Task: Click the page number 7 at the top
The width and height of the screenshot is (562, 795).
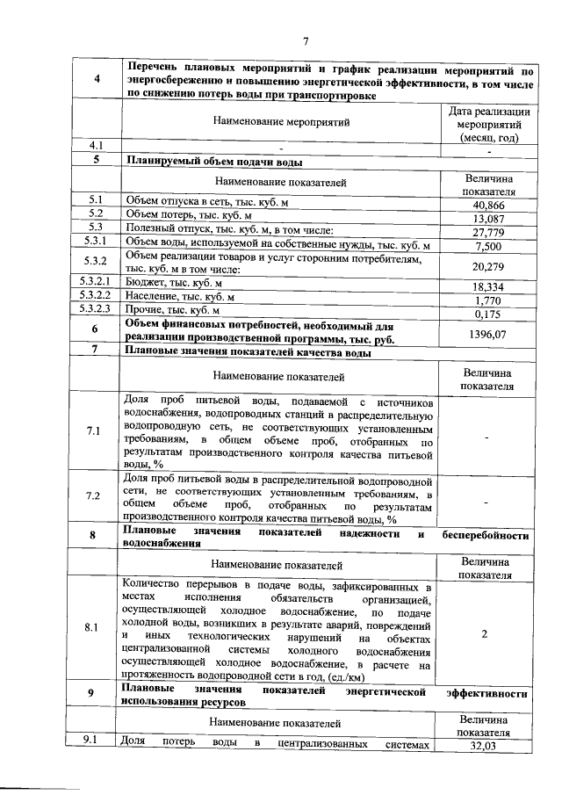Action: click(x=306, y=40)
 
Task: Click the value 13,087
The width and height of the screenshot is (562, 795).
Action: click(x=486, y=219)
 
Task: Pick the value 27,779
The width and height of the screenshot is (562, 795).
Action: click(x=486, y=233)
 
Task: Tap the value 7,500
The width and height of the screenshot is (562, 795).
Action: click(x=486, y=246)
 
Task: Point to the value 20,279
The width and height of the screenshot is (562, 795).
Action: click(x=486, y=266)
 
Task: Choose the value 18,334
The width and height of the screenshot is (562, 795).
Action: click(x=486, y=287)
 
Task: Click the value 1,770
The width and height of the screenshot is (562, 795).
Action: click(x=486, y=300)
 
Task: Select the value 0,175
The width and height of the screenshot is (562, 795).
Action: click(x=486, y=314)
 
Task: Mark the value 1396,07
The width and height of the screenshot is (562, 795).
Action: click(x=486, y=335)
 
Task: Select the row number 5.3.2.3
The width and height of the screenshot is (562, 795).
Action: click(x=94, y=309)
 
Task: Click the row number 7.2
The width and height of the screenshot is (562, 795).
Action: click(x=94, y=496)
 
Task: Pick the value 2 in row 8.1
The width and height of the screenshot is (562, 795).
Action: click(x=484, y=633)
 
